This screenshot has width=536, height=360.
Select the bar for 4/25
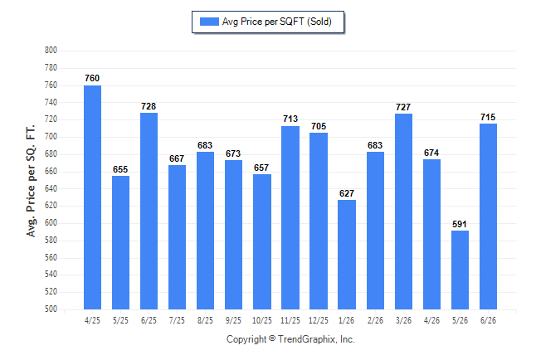tap(92, 197)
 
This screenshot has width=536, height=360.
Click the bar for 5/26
tap(460, 270)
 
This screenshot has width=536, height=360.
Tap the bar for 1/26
tap(347, 255)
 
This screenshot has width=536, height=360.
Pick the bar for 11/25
tap(290, 218)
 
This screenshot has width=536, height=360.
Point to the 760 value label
tap(92, 78)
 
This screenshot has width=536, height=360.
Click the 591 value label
tap(460, 224)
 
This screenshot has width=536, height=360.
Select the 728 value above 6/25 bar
tap(149, 106)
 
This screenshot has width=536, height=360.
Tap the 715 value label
tap(488, 117)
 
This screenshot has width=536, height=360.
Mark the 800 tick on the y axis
tap(51, 51)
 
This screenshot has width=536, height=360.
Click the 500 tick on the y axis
tap(51, 309)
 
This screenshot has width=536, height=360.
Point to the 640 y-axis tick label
tap(51, 188)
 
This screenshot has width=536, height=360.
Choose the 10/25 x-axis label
tap(262, 320)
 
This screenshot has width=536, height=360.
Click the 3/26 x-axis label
tap(403, 320)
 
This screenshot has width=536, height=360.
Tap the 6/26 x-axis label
tap(488, 320)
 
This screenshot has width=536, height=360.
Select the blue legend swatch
tap(209, 22)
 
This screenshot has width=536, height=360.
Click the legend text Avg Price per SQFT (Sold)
tap(277, 22)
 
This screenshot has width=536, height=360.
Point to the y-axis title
tap(31, 181)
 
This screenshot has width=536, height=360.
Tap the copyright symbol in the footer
tap(272, 338)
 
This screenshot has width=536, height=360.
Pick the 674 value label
tap(431, 153)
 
